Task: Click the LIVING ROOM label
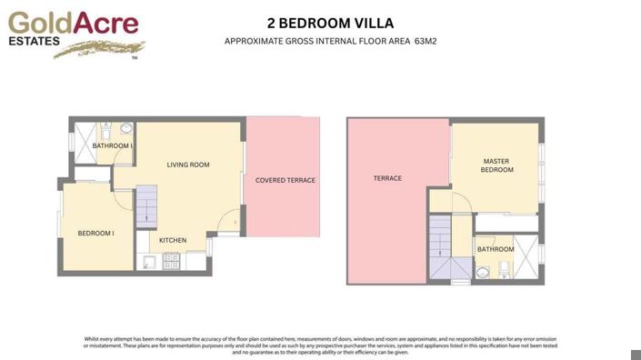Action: tap(188, 165)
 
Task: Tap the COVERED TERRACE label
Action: tap(285, 180)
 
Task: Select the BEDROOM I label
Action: tap(95, 234)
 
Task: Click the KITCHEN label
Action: tap(173, 241)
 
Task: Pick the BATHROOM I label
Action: tap(113, 145)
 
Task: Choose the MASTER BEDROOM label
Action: tap(496, 165)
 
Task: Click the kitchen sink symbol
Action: tap(148, 262)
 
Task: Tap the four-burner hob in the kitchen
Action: tap(171, 261)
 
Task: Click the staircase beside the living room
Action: tap(146, 206)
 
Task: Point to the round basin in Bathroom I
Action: tap(125, 128)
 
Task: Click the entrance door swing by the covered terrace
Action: tap(231, 221)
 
